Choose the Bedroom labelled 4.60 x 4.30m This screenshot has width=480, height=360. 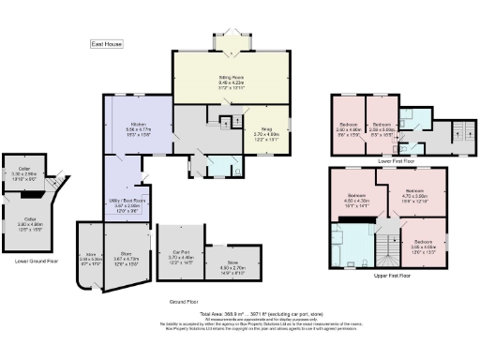coord(357,199)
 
